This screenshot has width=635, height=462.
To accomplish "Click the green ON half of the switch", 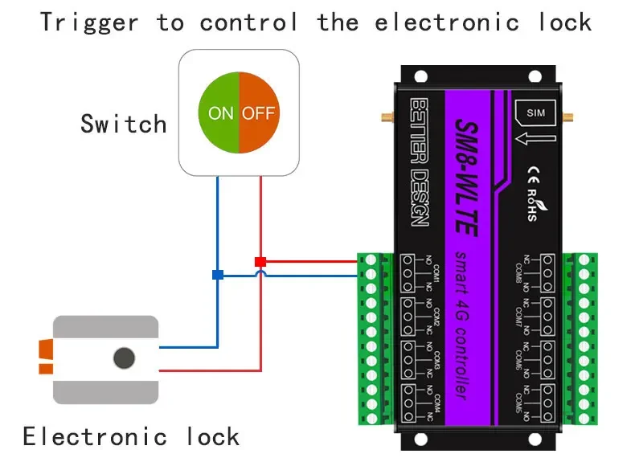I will (219, 112).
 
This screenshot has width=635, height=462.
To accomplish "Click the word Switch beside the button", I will (123, 124).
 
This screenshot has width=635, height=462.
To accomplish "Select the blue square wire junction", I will (217, 275).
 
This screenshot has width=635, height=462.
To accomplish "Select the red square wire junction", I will (260, 261).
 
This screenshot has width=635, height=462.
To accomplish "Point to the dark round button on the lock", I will (123, 358).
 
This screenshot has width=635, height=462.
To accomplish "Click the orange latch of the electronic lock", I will (45, 358).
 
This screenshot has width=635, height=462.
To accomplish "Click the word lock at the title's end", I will (564, 22).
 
